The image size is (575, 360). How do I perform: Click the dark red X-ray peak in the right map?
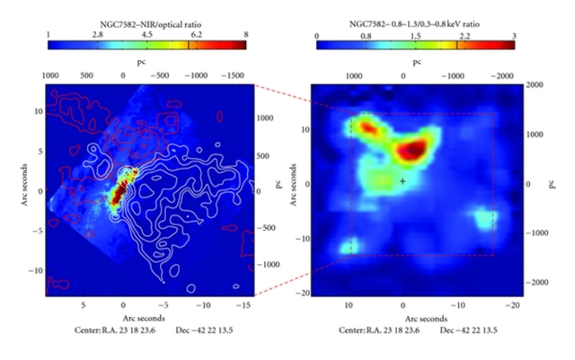pos(414,149)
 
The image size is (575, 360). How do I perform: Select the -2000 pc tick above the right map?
pos(498,76)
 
